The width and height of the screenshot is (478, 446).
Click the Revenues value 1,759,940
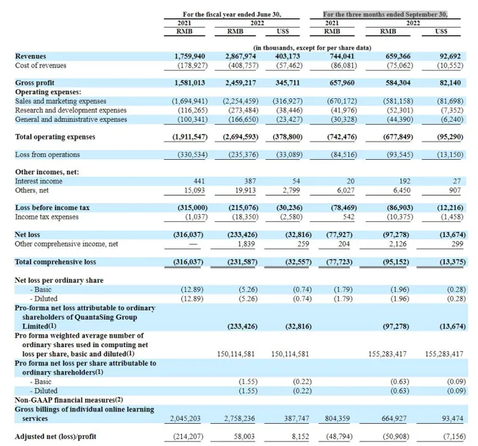190,56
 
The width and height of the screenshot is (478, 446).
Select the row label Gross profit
35,83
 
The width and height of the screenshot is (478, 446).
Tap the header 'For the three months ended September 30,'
385,14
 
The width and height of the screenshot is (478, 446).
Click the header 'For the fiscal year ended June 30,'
232,14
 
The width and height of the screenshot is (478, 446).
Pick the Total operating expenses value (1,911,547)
190,137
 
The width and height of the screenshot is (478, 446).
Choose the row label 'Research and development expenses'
71,110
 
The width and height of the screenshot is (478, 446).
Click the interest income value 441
199,181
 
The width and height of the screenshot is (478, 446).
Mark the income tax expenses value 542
349,217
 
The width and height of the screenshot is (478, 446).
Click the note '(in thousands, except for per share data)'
312,48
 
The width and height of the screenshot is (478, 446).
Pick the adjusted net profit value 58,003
244,437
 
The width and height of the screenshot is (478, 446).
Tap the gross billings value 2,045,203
185,418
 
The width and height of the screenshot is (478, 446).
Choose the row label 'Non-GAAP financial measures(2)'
69,400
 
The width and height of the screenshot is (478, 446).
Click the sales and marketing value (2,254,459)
240,101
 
